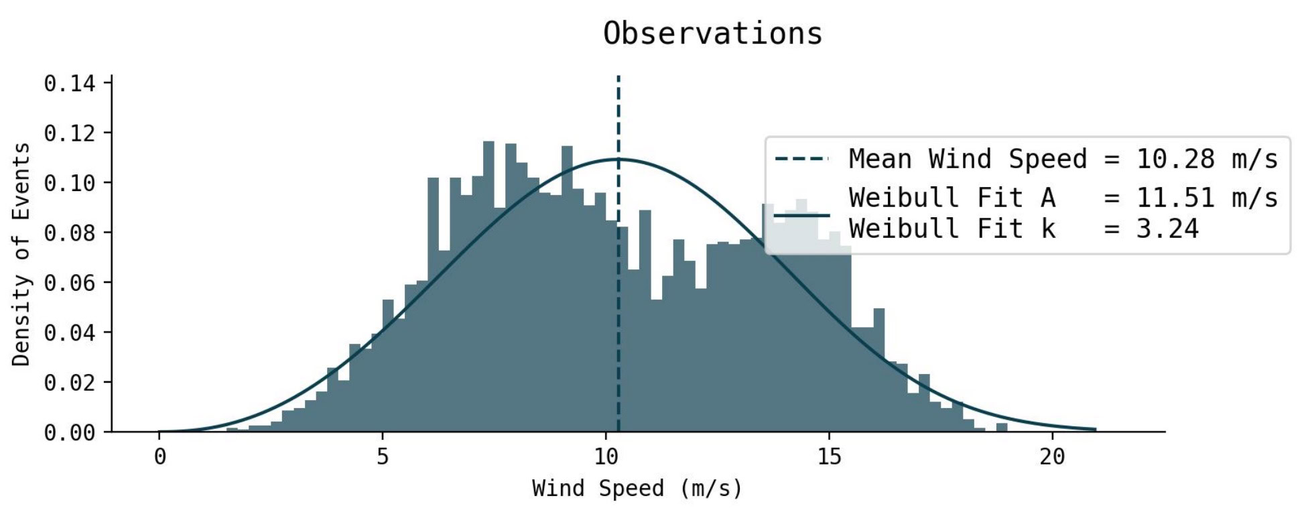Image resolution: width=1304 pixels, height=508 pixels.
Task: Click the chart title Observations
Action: pos(712,34)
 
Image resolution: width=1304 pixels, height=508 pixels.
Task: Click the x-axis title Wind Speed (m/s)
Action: pos(637,488)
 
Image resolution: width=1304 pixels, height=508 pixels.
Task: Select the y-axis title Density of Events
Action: pos(21,254)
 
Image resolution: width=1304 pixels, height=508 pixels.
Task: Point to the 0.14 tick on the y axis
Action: pos(69,83)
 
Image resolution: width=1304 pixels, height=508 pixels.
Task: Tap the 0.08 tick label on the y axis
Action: pos(69,233)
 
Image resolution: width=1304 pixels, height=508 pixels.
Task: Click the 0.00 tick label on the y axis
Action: pos(69,432)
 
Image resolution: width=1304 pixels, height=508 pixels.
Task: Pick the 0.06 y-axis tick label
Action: pos(69,283)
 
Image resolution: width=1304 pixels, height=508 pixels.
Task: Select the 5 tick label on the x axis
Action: pos(383,457)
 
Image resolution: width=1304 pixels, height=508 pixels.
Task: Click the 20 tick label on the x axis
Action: pos(1052,457)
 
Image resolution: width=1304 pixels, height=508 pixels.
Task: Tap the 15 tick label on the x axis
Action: pos(829,457)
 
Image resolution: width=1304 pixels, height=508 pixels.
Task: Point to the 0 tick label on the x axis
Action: pos(159,457)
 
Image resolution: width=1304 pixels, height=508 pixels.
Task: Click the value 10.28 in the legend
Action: pos(1175,160)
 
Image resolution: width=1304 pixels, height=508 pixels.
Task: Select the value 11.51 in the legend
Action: pos(1175,198)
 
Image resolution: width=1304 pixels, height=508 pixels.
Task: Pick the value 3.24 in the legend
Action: pos(1167,229)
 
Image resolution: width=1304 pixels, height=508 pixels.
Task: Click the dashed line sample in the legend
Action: pos(801,160)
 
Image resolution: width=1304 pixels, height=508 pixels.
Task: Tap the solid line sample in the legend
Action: pos(801,215)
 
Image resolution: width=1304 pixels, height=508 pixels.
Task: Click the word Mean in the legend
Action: pos(880,160)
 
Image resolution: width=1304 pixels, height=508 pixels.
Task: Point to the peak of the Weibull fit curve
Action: pos(617,159)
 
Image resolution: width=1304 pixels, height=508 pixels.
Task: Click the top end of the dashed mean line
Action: pos(618,78)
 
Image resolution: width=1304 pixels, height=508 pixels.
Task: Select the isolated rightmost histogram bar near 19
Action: pos(1002,428)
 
